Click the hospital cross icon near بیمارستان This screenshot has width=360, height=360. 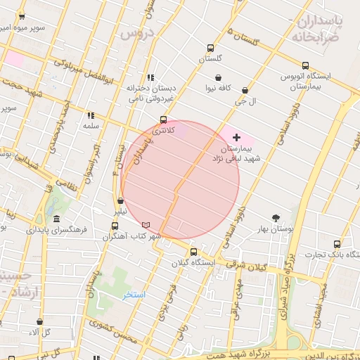point(236,137)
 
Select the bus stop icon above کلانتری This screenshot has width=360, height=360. point(164,120)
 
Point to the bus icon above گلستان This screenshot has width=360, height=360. point(210,48)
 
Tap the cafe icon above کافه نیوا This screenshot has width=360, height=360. point(219,77)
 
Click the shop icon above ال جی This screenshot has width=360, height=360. point(245,90)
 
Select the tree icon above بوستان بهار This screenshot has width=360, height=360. point(276,218)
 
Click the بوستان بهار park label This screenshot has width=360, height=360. point(276,229)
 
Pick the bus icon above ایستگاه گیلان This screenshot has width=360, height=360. point(193,252)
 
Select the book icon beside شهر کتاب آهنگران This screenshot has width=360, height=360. point(146,224)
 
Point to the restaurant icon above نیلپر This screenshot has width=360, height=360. point(121,201)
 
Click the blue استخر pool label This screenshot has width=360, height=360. point(134,295)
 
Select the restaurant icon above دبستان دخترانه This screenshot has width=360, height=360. point(150,77)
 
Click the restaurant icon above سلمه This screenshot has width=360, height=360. point(90,115)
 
